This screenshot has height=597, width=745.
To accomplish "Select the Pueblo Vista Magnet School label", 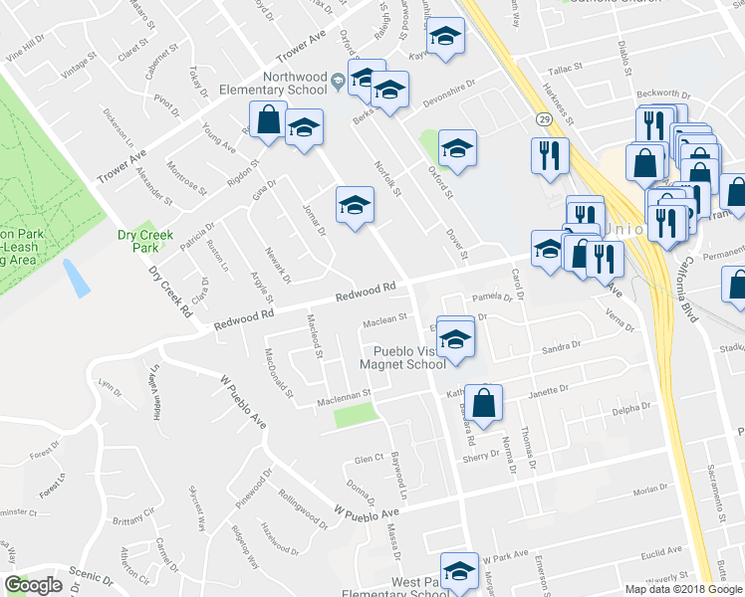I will (x=408, y=357).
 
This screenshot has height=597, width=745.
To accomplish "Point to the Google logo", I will (x=34, y=585).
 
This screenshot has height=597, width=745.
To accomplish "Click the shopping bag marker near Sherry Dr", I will (x=484, y=404).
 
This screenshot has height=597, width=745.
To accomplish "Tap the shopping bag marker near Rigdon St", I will (x=268, y=119).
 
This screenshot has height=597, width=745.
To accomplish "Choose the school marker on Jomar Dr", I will (x=353, y=206).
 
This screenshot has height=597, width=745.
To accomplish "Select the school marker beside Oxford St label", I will (x=457, y=149).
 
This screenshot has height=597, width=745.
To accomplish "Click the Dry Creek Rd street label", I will (x=170, y=292).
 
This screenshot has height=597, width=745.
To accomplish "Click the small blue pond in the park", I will (x=77, y=278).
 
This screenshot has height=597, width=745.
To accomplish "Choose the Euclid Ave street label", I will (x=661, y=549).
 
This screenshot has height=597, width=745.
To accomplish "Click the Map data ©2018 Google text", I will (x=682, y=589).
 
